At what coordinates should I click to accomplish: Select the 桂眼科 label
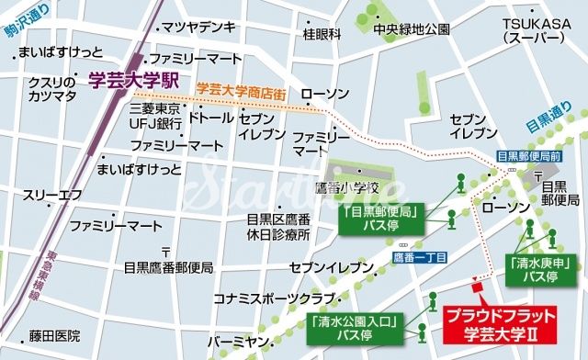322,35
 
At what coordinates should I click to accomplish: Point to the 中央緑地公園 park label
411,28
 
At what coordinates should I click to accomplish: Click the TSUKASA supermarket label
535,30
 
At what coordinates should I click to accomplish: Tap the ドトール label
210,118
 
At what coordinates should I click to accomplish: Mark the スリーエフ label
52,195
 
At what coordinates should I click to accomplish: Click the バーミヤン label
239,342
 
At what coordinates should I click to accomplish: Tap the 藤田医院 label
53,336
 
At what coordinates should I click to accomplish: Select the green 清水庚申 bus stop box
533,267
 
